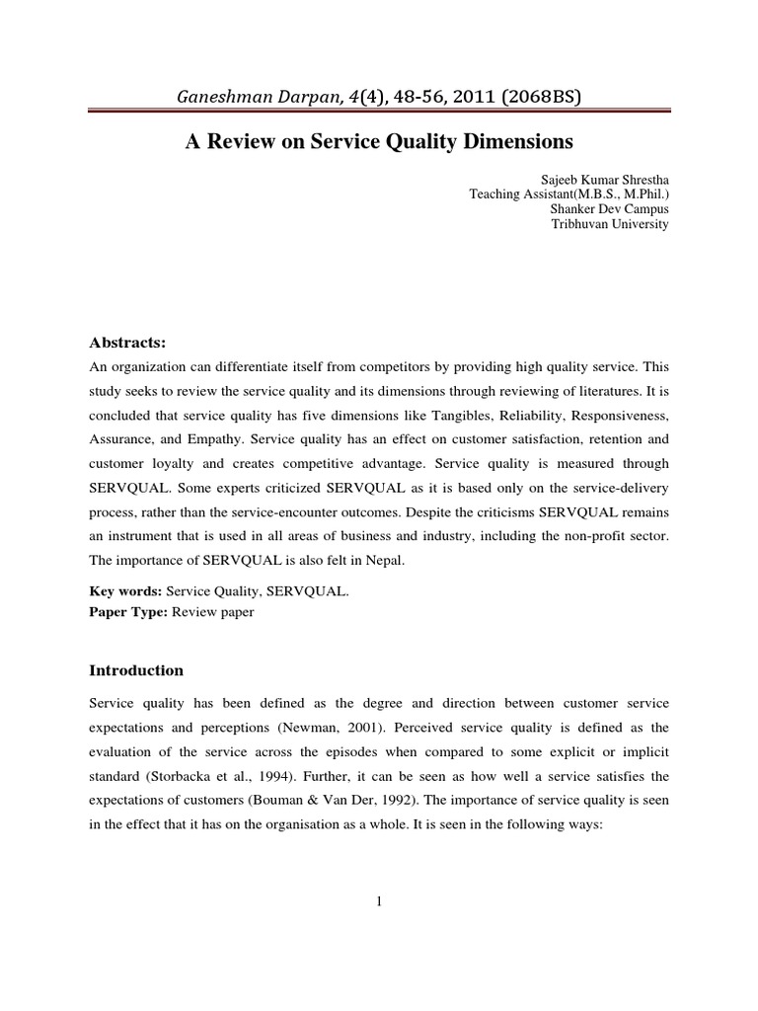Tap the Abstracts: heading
click(128, 343)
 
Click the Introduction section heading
click(136, 670)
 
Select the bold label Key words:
click(125, 593)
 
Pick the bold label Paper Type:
click(128, 611)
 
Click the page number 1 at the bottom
click(378, 899)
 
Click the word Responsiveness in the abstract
click(620, 412)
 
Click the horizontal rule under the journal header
click(379, 116)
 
